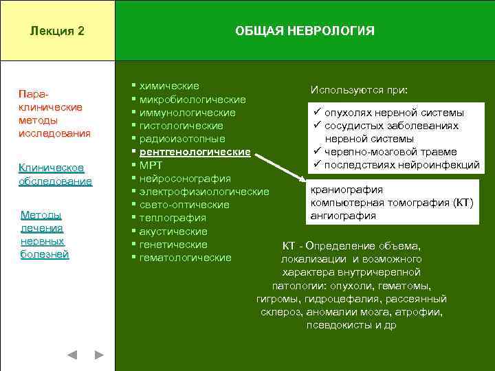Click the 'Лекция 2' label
[58, 31]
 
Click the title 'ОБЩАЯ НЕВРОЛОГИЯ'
[305, 31]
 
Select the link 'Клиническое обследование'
[55, 175]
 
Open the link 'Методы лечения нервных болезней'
[45, 235]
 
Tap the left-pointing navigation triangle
[71, 355]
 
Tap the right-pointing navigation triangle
[98, 355]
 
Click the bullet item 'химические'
[169, 86]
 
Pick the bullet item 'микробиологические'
[192, 100]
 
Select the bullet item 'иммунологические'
[187, 113]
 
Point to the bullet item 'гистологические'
[181, 126]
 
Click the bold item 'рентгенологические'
[195, 152]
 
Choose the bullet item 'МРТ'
[151, 166]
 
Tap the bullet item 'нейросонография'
[185, 179]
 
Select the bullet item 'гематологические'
[185, 258]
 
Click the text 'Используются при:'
[359, 90]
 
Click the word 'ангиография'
[343, 216]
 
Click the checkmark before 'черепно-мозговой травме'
[318, 152]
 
